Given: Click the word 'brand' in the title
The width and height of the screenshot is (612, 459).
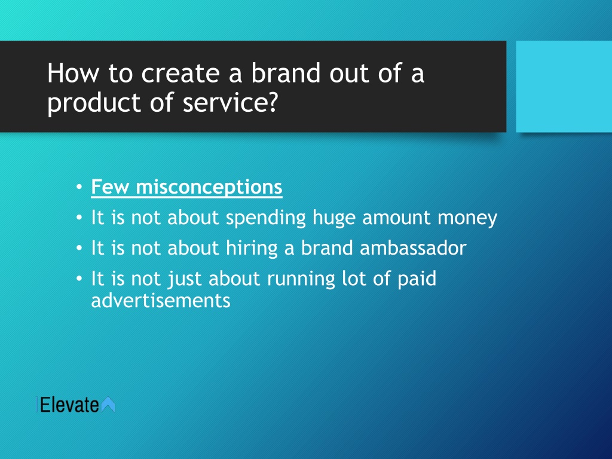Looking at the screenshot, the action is (x=286, y=73).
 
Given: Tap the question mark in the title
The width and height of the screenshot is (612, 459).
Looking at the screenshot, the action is (x=272, y=102).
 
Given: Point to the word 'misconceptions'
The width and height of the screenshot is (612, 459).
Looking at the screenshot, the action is (x=209, y=187).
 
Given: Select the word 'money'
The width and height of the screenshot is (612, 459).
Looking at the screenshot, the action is (x=467, y=218).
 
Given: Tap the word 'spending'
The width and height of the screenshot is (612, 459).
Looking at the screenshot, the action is (x=266, y=218).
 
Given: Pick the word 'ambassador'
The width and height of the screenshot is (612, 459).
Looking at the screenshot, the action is (x=413, y=248).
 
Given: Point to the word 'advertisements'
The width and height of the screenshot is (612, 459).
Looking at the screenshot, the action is (x=161, y=301).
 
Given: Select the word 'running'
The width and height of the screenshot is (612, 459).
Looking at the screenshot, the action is (x=301, y=279).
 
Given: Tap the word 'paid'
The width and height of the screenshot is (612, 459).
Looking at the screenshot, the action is (x=417, y=279).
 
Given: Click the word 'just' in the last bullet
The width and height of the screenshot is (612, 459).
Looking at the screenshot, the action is (x=185, y=279).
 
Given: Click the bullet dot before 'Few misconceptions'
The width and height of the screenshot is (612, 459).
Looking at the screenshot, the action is (x=79, y=187).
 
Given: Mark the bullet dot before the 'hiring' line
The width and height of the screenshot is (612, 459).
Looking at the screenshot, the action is (x=79, y=248).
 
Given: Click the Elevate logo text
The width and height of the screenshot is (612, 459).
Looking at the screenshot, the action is (x=69, y=405).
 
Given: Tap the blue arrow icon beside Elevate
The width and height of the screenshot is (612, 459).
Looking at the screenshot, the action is (x=108, y=405).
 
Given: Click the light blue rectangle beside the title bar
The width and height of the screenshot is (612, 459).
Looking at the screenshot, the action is (x=564, y=87).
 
